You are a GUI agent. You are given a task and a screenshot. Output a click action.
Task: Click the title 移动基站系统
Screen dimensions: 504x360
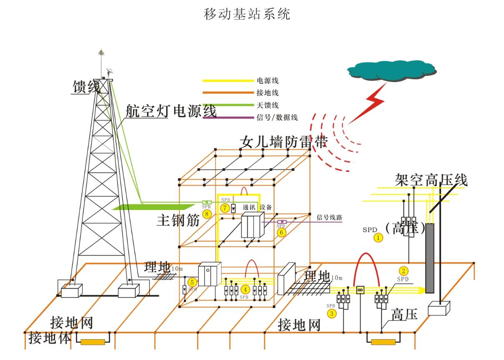pyautogui.click(x=247, y=14)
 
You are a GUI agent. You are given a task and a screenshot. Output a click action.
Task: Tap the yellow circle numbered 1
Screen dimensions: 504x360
pyautogui.click(x=378, y=238)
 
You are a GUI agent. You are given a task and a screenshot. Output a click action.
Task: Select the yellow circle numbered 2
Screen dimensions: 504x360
pyautogui.click(x=404, y=271)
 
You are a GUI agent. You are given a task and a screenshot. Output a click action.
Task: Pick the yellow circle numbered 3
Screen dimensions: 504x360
pyautogui.click(x=332, y=313)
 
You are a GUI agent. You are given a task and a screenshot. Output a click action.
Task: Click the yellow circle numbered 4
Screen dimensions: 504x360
pyautogui.click(x=245, y=290)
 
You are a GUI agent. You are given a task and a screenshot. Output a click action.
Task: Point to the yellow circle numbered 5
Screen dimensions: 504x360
pyautogui.click(x=192, y=282)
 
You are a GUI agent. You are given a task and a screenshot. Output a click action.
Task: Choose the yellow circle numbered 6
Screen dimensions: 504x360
pyautogui.click(x=281, y=232)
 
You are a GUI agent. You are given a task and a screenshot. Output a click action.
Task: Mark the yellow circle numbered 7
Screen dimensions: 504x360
pyautogui.click(x=225, y=208)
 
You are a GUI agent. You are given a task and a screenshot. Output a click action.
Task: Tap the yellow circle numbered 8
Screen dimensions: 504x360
pyautogui.click(x=207, y=214)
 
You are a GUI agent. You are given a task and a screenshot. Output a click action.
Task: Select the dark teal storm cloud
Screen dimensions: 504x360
pyautogui.click(x=392, y=70)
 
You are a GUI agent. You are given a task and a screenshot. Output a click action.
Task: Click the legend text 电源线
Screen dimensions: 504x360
pyautogui.click(x=267, y=80)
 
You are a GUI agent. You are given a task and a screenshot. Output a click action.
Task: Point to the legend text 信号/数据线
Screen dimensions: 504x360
pyautogui.click(x=277, y=117)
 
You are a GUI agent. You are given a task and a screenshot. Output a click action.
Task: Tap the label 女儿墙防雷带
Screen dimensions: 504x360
pyautogui.click(x=284, y=142)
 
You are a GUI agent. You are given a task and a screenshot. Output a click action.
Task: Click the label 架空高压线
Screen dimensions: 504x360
pyautogui.click(x=431, y=180)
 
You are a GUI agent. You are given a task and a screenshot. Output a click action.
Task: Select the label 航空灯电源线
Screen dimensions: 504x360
pyautogui.click(x=171, y=111)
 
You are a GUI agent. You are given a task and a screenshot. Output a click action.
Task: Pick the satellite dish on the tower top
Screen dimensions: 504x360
pyautogui.click(x=110, y=72)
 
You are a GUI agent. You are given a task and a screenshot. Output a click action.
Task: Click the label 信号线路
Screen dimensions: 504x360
pyautogui.click(x=329, y=217)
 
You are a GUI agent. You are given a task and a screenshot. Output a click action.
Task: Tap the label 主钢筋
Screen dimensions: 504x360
pyautogui.click(x=178, y=220)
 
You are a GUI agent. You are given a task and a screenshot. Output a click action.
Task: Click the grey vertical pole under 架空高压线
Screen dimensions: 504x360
pyautogui.click(x=429, y=258)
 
